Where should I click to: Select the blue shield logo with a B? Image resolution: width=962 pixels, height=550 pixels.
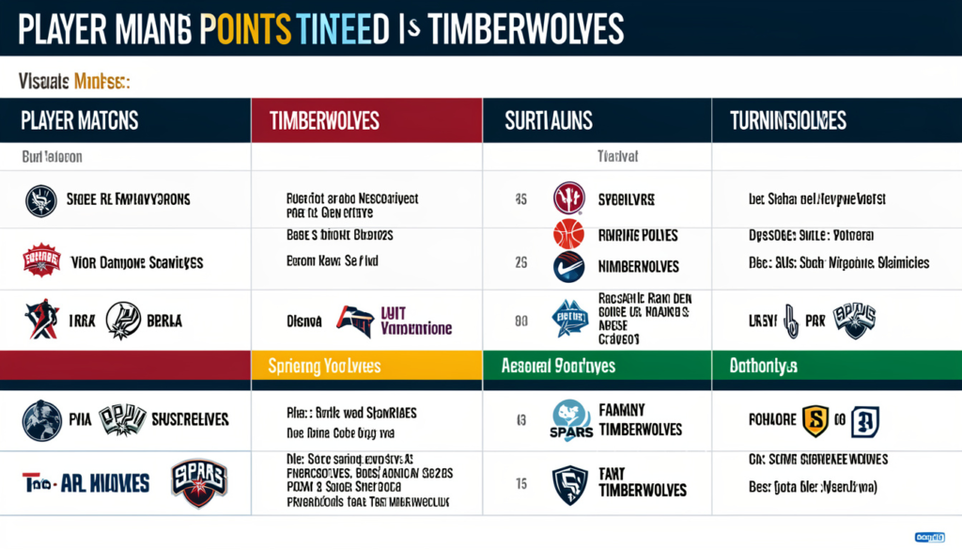point(864,422)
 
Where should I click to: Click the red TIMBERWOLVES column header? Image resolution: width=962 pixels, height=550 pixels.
point(324,121)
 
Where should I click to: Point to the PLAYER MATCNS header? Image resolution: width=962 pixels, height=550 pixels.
point(80,121)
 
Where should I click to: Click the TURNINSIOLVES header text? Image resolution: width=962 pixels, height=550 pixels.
point(787,121)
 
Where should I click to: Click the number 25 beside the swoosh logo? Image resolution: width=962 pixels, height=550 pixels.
point(520,265)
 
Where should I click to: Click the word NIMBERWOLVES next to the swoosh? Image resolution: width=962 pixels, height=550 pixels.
point(638,266)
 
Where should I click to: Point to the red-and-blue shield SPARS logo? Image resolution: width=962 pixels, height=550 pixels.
point(200,481)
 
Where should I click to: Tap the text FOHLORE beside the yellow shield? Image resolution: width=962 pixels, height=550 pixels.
point(771,421)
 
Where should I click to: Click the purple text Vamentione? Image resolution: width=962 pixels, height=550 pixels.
point(416,329)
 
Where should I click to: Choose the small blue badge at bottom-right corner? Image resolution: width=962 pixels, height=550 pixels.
point(931,537)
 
